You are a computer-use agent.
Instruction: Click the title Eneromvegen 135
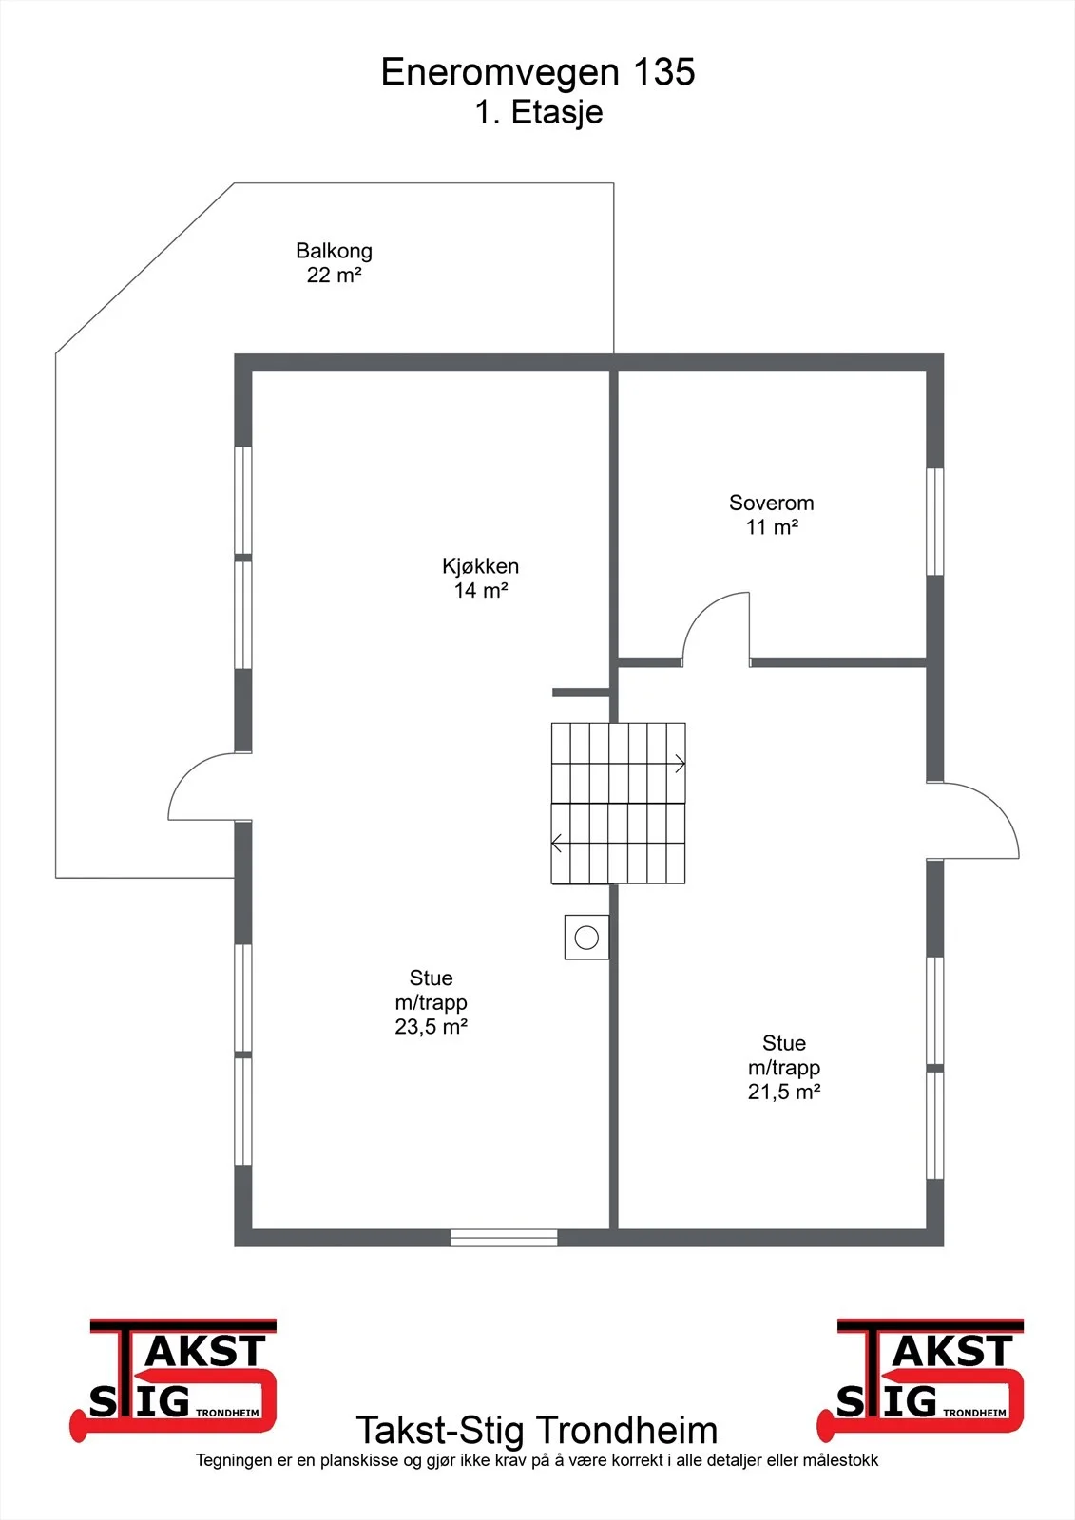pos(538,72)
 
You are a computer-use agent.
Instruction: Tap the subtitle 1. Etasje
pos(539,112)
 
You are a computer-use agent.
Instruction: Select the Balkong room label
pos(335,251)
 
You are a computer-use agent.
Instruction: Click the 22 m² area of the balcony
pos(335,275)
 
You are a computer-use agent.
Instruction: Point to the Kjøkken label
pos(481,566)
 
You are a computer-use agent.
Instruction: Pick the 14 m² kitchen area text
pos(481,590)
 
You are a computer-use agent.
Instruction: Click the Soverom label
pos(772,503)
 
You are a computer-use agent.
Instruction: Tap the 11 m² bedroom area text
pos(772,526)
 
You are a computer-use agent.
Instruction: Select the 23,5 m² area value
pos(432,1027)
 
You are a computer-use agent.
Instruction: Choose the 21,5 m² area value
pos(784,1092)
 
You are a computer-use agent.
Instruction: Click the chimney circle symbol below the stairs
pos(586,938)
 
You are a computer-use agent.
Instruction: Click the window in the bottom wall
pos(504,1238)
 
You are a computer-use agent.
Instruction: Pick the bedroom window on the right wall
pos(935,522)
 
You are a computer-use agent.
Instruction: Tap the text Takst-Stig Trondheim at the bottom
pos(537,1431)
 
